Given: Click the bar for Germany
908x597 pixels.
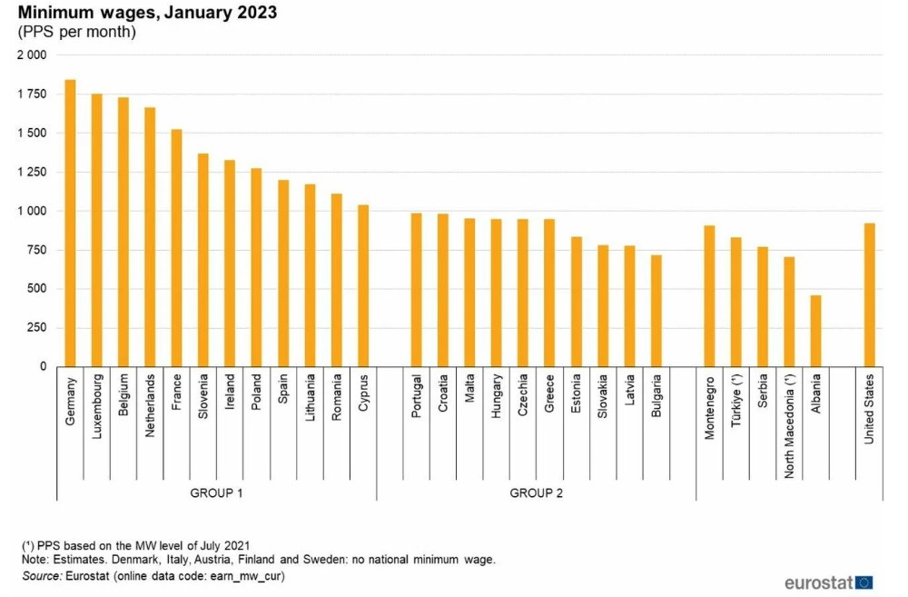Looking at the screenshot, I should click(x=70, y=224).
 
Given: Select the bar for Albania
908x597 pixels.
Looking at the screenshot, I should click(x=816, y=331).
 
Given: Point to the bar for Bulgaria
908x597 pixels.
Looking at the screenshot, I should click(x=656, y=311).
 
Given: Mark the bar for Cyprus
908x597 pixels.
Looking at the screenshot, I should click(x=363, y=285).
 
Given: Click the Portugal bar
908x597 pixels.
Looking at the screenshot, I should click(x=416, y=290).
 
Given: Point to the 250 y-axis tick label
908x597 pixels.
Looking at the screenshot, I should click(x=37, y=328).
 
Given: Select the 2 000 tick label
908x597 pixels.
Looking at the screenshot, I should click(x=32, y=55).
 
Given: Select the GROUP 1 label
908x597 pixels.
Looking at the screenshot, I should click(x=216, y=492).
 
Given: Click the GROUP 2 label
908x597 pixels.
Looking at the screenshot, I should click(x=536, y=492).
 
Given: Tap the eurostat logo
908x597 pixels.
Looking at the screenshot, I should click(x=829, y=582).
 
